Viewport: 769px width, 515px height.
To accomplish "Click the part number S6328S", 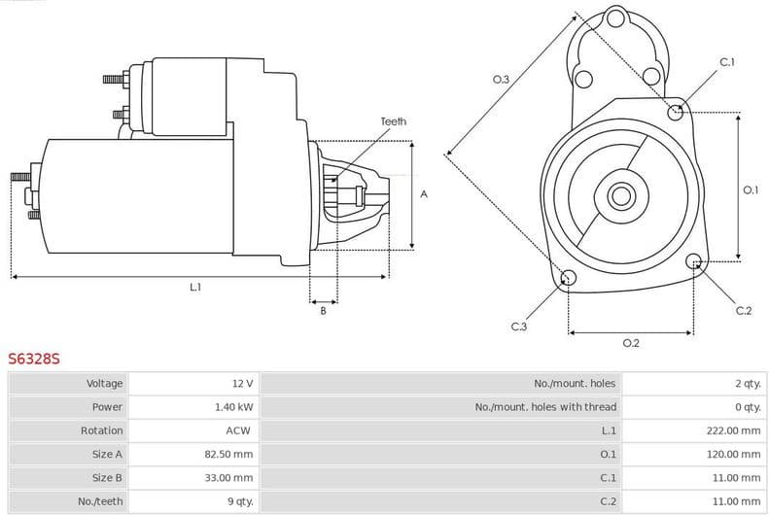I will click(x=34, y=359).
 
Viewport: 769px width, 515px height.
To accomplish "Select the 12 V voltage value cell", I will click(x=241, y=383).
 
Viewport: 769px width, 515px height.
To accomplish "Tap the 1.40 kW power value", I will click(x=233, y=406).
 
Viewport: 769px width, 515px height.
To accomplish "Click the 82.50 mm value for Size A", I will click(x=229, y=454).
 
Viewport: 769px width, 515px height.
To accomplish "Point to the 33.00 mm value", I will click(x=229, y=477).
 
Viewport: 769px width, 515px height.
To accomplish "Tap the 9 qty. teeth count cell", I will click(x=239, y=500).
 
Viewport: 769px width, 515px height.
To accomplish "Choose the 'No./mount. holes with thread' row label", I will click(x=545, y=406).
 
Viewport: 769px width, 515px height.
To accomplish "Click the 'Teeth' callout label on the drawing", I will click(x=393, y=121).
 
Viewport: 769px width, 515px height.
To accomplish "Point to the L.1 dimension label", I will click(x=195, y=287).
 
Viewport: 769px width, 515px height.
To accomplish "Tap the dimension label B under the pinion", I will click(x=323, y=311).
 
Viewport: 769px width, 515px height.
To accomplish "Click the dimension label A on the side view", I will click(x=423, y=194).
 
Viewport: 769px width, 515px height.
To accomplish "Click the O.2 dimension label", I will click(x=630, y=342).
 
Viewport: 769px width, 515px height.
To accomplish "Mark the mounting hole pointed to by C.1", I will click(x=677, y=112).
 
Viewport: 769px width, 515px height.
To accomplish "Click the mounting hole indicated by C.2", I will click(x=693, y=261).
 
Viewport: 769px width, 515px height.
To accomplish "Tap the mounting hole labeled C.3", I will click(x=568, y=279).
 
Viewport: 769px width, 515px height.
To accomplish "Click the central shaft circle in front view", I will click(x=619, y=196).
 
